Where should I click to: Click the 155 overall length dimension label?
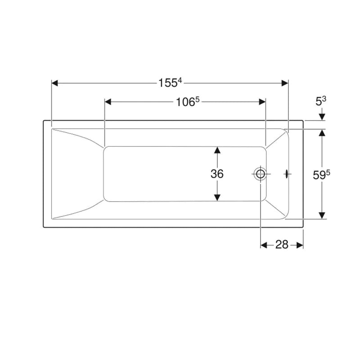pos(170,83)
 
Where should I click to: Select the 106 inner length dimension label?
pos(187,102)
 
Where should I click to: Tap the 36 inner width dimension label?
pos(217,174)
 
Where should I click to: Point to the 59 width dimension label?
pos(321,175)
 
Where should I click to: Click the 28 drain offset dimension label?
pos(282,245)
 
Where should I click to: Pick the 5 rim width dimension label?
pos(321,101)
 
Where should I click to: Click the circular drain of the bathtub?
pos(261,174)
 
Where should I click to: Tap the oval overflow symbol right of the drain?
pos(287,174)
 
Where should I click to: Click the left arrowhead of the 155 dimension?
pos(54,83)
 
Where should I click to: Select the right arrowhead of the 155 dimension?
pos(285,83)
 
